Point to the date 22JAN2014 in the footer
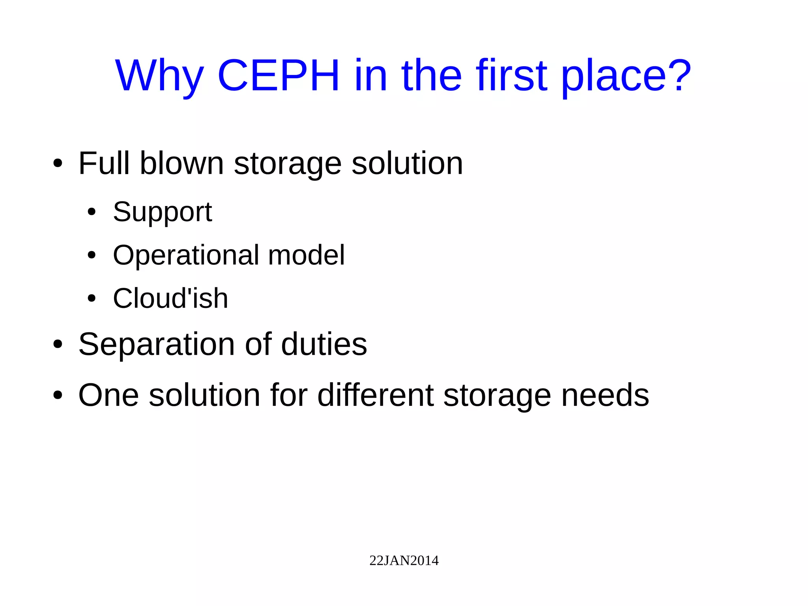pos(404,561)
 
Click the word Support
pos(163,212)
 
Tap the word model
pos(306,255)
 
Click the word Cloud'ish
pos(170,298)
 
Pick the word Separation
pos(157,345)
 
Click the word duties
pos(324,344)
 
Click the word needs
pos(605,395)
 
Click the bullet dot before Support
pos(92,212)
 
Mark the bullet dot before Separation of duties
pos(58,344)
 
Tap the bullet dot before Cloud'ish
pos(92,298)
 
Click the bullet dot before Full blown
pos(58,163)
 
